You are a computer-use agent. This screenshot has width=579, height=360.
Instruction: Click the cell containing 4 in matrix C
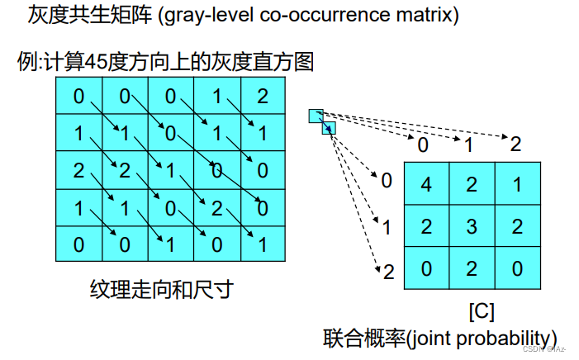(426, 184)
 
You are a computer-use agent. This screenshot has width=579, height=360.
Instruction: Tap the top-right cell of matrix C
(517, 184)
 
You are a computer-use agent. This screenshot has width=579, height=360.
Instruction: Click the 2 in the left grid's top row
(263, 97)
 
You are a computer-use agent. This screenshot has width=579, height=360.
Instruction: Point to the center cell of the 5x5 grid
(170, 170)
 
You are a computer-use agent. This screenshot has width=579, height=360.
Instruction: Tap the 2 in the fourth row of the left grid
(216, 207)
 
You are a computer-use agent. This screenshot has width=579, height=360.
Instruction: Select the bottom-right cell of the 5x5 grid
(263, 244)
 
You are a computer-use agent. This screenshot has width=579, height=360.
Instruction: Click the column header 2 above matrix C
(516, 144)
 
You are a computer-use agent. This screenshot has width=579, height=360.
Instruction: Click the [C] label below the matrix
(482, 312)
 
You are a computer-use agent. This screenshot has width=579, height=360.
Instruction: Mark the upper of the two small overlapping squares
(316, 116)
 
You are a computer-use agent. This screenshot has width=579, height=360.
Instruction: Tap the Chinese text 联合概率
(356, 338)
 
